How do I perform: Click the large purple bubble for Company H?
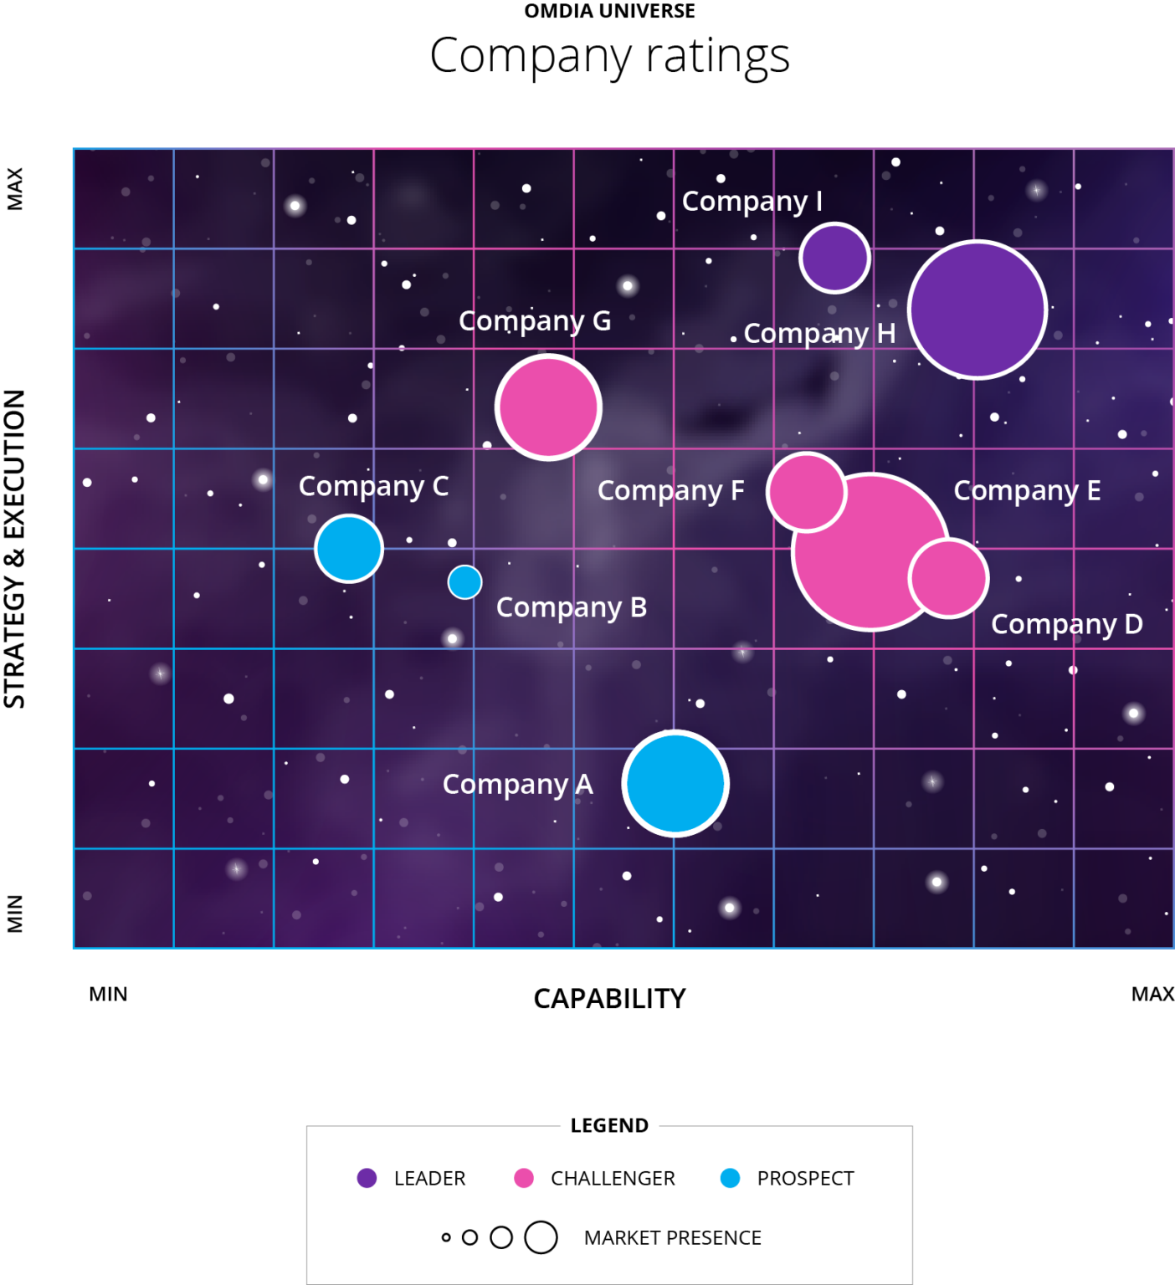[x=977, y=310]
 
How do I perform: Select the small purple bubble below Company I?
[x=834, y=258]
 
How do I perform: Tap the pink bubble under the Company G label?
[x=548, y=407]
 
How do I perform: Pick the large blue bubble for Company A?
[x=675, y=783]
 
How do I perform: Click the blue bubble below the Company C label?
[x=349, y=549]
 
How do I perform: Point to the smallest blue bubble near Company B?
[x=464, y=582]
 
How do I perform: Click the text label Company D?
[x=1066, y=624]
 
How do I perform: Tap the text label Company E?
[x=1027, y=490]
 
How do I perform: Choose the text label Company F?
[x=670, y=490]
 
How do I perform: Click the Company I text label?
[x=752, y=201]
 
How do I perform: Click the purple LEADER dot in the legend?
[x=367, y=1178]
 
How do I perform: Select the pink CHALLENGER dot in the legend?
[x=524, y=1178]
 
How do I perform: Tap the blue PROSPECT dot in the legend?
[x=731, y=1178]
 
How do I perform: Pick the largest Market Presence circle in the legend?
[x=541, y=1237]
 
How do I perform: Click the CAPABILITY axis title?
[x=609, y=998]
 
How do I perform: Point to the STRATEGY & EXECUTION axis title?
[x=15, y=549]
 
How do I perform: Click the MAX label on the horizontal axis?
[x=1152, y=994]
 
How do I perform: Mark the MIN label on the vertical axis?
[x=15, y=913]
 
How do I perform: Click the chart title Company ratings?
[x=609, y=56]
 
